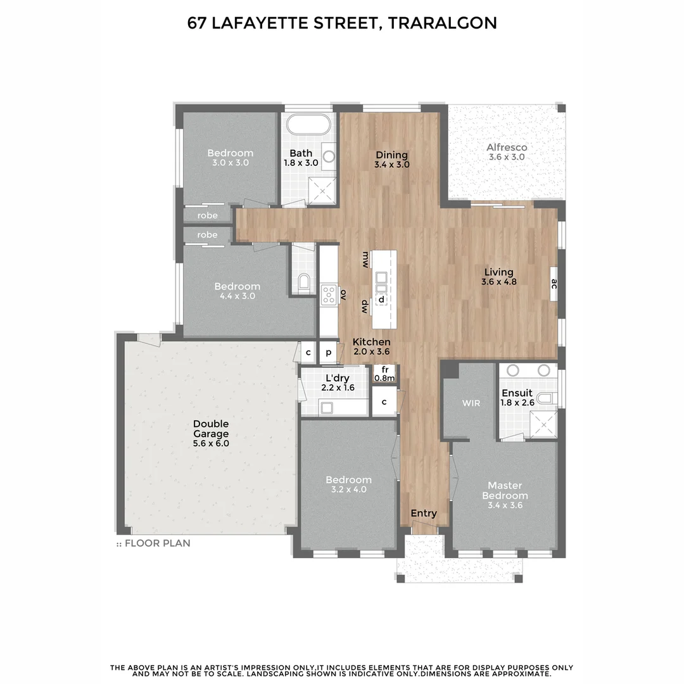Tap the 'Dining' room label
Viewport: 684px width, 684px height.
391,155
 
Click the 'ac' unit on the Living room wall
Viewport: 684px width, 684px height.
554,284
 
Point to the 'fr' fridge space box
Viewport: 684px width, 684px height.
384,374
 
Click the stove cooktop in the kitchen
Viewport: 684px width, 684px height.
329,294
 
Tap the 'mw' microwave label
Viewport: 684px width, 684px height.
365,260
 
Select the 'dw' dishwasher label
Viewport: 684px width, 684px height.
365,307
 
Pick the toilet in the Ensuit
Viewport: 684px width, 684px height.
550,398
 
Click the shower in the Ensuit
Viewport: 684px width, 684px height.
542,423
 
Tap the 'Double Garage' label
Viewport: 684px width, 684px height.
211,429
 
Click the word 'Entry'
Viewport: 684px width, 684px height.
424,513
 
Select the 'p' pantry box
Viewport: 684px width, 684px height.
329,352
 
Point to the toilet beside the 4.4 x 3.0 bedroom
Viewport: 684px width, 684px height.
303,281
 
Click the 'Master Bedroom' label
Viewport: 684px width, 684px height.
504,491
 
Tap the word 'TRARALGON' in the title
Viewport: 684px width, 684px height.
442,23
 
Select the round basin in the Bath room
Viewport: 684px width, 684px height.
329,155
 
